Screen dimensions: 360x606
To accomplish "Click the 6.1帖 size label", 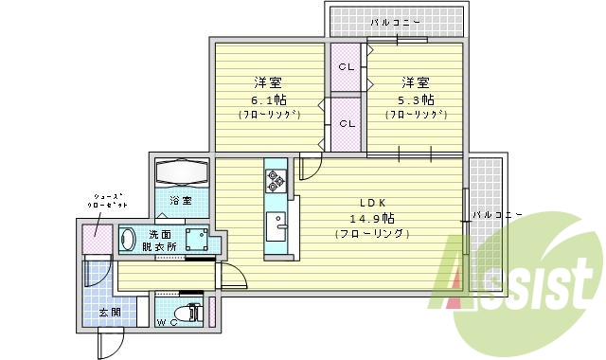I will (270, 99).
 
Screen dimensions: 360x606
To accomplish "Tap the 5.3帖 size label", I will (416, 99).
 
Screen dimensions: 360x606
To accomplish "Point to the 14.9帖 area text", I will (370, 218).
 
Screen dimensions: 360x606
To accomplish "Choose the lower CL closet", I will (348, 123).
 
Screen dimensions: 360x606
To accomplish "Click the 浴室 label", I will (181, 201).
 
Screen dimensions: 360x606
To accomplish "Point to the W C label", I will (167, 323).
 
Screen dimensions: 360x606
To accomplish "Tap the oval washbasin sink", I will (128, 240).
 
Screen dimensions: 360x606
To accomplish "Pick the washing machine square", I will (198, 238).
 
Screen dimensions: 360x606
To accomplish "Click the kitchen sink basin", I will (276, 225).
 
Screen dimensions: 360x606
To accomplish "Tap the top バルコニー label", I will (396, 20).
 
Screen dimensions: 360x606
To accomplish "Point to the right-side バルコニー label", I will (496, 215).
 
